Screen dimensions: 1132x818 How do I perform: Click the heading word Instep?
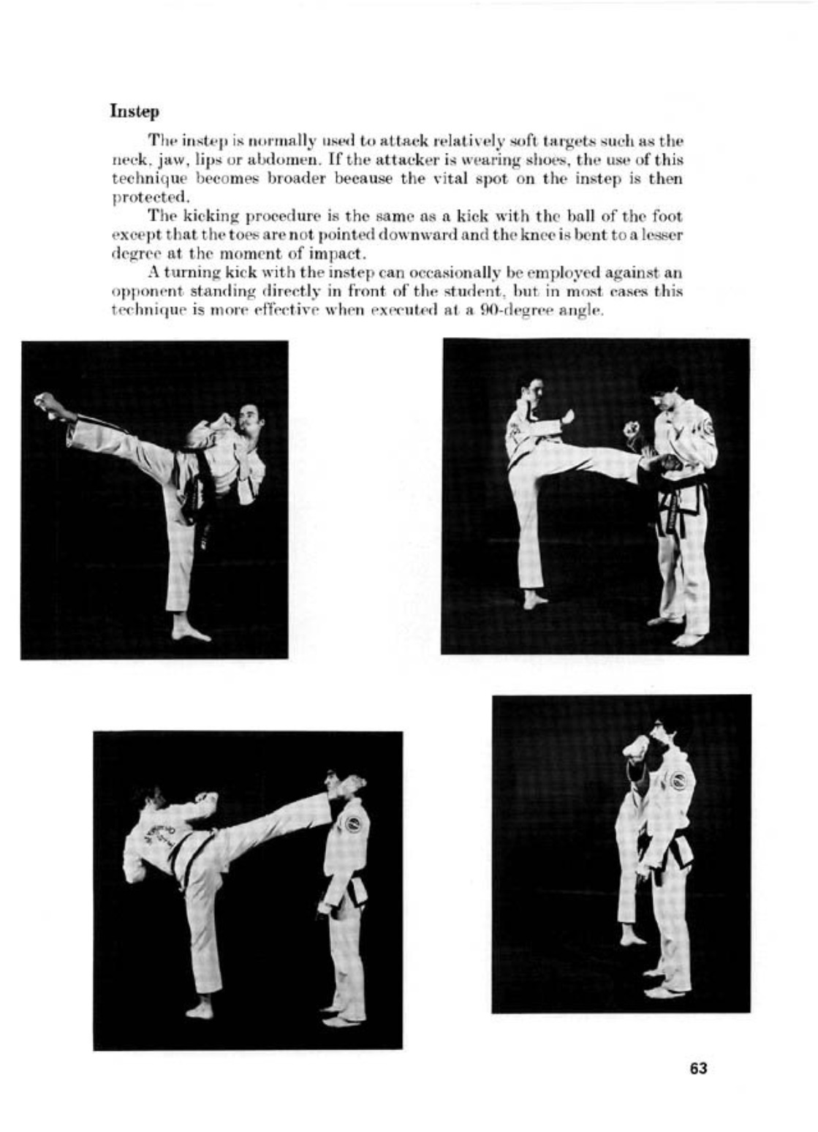pyautogui.click(x=135, y=112)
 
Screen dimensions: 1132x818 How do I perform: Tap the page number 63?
pyautogui.click(x=698, y=1068)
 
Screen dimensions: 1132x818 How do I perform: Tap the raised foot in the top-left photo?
pyautogui.click(x=48, y=404)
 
